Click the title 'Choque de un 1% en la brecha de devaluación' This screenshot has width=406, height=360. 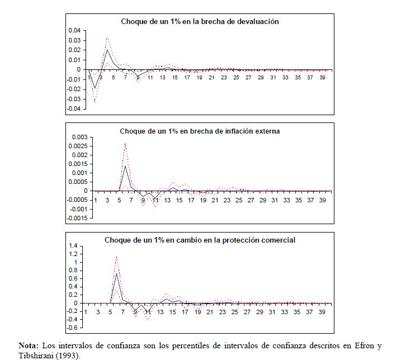[200, 21]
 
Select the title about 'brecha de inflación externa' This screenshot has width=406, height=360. [200, 131]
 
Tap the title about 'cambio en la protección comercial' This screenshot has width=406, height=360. [200, 240]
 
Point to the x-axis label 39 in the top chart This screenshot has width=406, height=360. [323, 78]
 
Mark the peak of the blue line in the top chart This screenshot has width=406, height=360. [107, 50]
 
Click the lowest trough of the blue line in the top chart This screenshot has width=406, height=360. [95, 88]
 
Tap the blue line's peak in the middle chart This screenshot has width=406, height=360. [125, 166]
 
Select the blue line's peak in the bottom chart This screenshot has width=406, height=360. [116, 273]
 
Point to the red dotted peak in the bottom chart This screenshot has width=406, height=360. [116, 257]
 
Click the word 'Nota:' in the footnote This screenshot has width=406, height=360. [30, 345]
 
